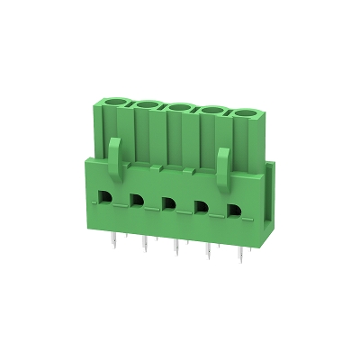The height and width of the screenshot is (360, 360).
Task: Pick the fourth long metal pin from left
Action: click(209, 255)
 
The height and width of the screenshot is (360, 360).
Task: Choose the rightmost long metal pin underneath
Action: click(241, 258)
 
